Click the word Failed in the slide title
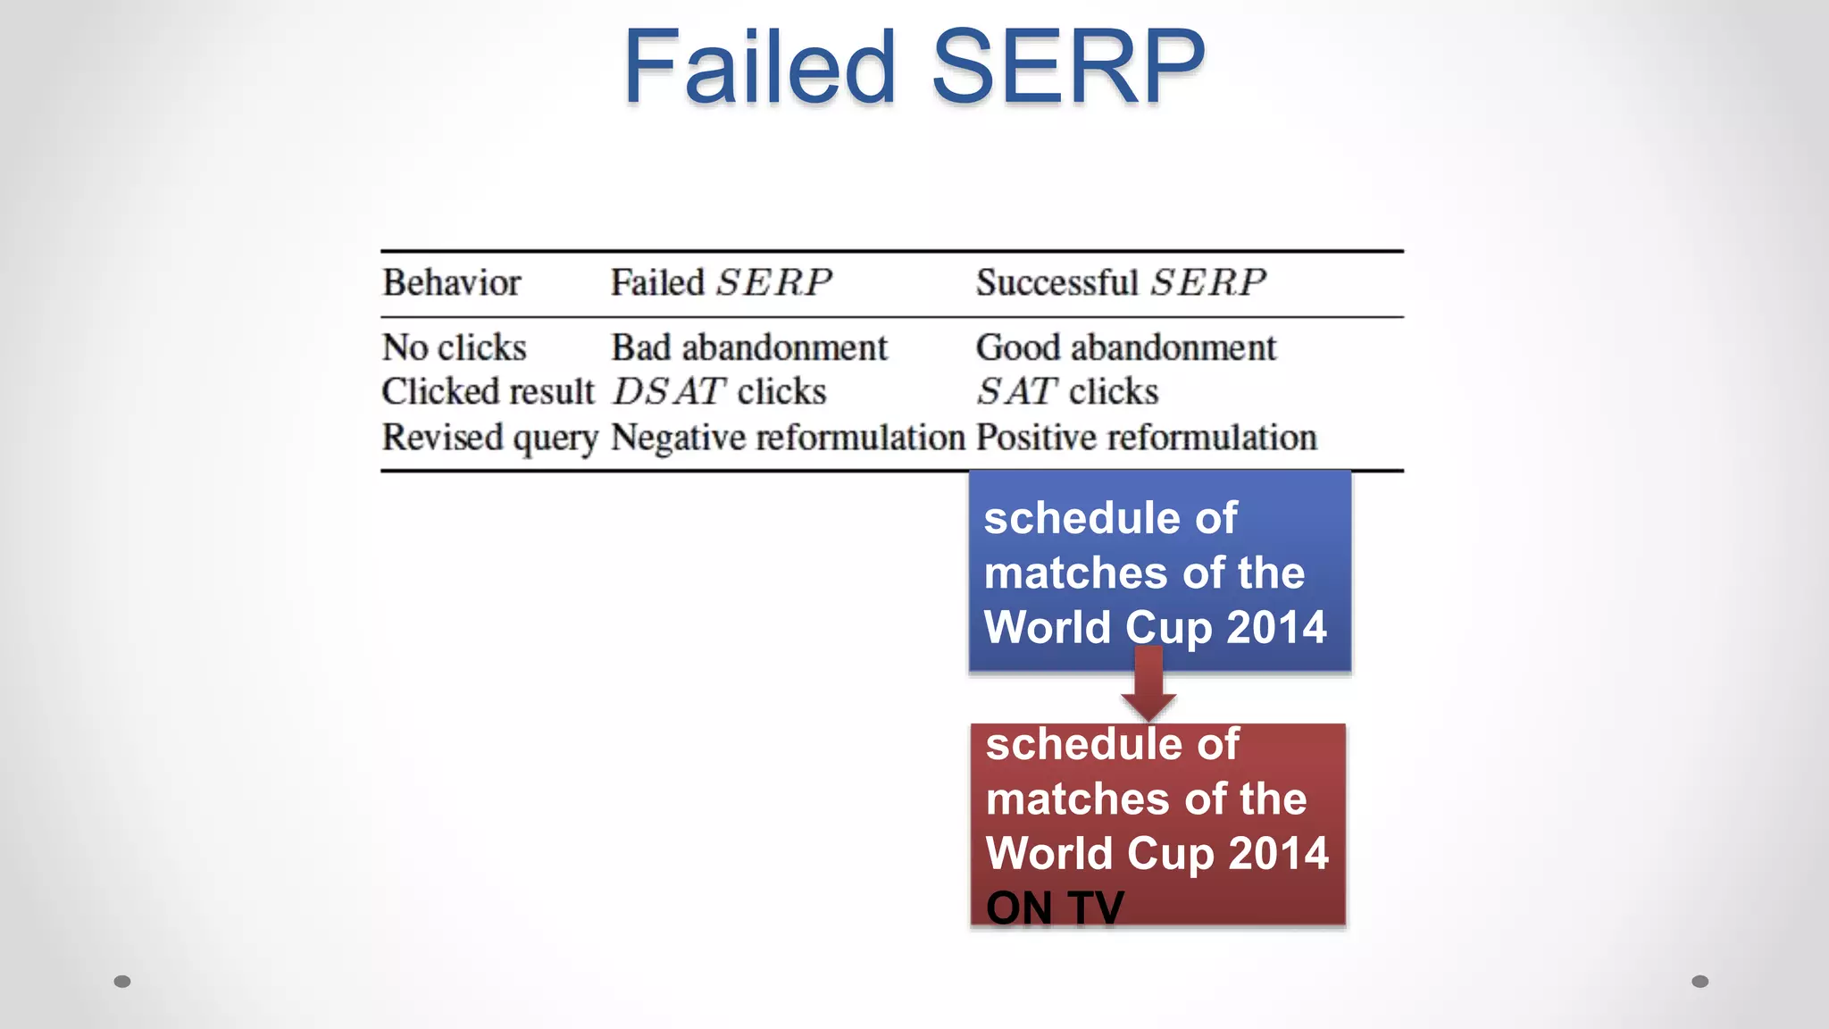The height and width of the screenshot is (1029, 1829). click(759, 67)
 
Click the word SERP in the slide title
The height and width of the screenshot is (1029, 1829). click(1068, 67)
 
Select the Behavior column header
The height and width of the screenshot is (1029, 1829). click(451, 283)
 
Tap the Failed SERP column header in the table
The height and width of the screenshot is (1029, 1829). click(721, 283)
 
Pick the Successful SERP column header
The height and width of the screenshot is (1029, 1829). click(1120, 283)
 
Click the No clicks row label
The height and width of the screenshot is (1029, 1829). click(454, 347)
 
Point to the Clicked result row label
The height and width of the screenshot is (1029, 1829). click(487, 392)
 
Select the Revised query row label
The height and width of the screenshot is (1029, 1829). click(489, 439)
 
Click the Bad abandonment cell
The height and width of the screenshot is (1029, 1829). click(748, 347)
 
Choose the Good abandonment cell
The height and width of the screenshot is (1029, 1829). click(1125, 347)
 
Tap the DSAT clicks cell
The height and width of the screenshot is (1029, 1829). click(719, 392)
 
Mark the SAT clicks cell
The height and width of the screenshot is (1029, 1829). click(1066, 392)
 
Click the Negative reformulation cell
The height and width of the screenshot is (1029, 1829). click(788, 439)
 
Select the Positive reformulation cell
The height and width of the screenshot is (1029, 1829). click(1146, 439)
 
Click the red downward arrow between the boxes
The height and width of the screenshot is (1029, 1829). click(1148, 688)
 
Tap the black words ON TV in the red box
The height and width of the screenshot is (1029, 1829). click(1055, 908)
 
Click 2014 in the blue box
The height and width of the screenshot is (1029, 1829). click(1276, 627)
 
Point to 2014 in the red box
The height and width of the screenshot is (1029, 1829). click(1278, 853)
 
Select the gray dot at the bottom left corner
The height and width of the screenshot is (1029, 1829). click(122, 982)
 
